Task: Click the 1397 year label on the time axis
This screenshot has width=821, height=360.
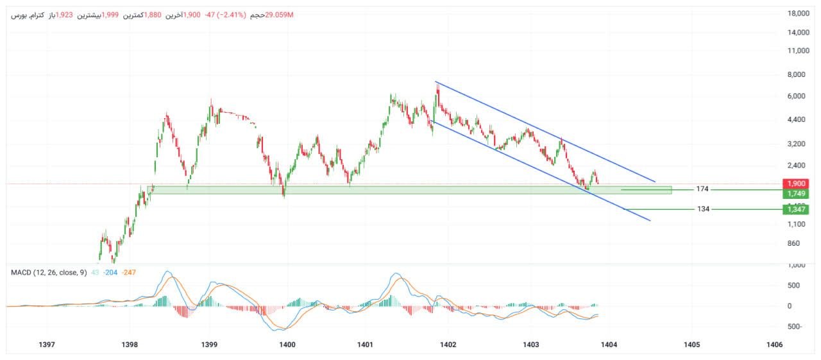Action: [x=46, y=345]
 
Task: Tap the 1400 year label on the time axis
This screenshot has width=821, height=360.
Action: [x=287, y=345]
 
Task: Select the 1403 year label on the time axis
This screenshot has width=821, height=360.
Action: [x=530, y=345]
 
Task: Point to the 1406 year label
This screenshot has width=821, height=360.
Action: [x=774, y=345]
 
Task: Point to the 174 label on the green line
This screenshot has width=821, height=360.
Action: [x=703, y=189]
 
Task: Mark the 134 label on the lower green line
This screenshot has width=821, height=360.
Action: [x=703, y=209]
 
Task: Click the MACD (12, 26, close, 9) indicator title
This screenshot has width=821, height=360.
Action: [x=49, y=273]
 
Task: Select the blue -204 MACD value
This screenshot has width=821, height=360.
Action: [x=110, y=273]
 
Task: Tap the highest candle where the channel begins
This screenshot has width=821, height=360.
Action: [x=437, y=87]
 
